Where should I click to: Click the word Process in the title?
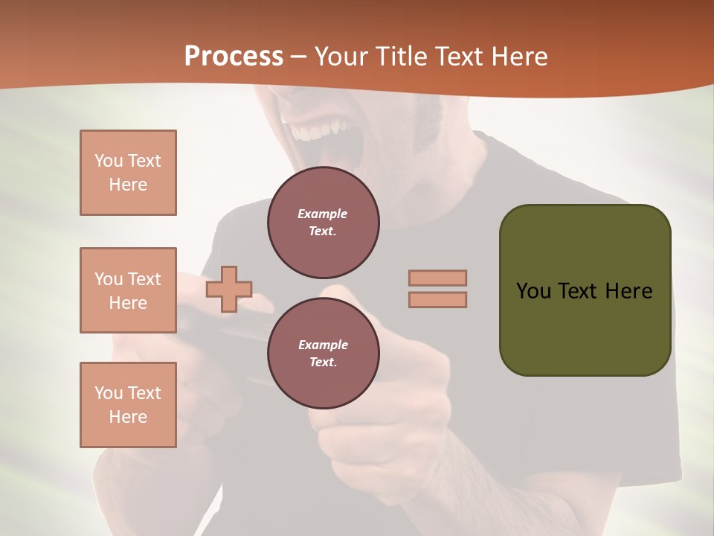(234, 57)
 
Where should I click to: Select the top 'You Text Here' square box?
(128, 173)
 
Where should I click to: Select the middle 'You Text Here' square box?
(128, 290)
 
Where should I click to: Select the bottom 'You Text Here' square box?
(128, 405)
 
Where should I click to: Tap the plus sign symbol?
(229, 289)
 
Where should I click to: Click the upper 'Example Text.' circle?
(323, 222)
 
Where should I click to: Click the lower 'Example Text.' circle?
(323, 353)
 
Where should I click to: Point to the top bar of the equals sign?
(438, 278)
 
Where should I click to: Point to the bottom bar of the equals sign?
(438, 299)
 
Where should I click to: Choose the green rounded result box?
(585, 290)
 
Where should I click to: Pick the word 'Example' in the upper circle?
(323, 214)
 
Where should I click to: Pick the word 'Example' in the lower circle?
(323, 345)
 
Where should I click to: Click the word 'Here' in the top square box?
(128, 185)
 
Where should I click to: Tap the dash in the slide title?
(299, 57)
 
